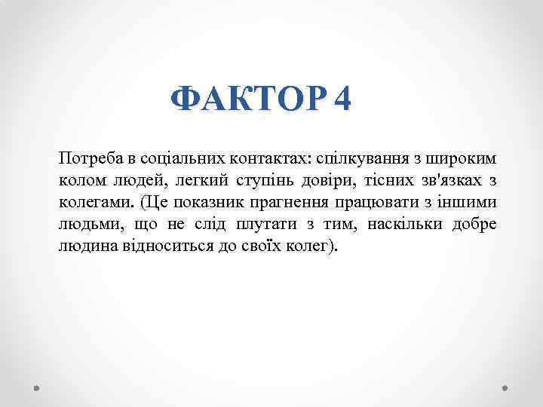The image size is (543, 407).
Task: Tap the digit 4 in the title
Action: point(342,99)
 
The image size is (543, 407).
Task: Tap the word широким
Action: point(461,160)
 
